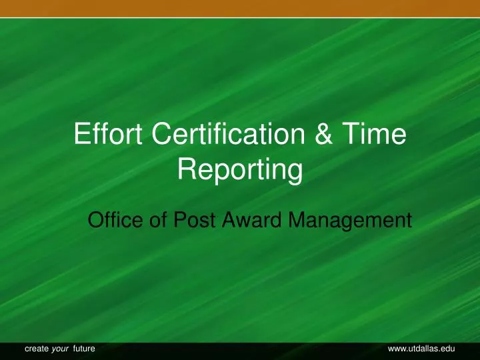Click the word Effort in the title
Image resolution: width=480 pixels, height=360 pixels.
109,137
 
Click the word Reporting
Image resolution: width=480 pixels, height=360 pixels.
240,172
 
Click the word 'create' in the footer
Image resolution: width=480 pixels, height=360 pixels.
36,349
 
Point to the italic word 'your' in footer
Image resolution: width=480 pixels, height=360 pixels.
61,349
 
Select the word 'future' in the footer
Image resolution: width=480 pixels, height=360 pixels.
84,349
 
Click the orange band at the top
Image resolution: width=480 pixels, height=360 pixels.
240,8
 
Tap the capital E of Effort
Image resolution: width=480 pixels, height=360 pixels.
82,137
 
